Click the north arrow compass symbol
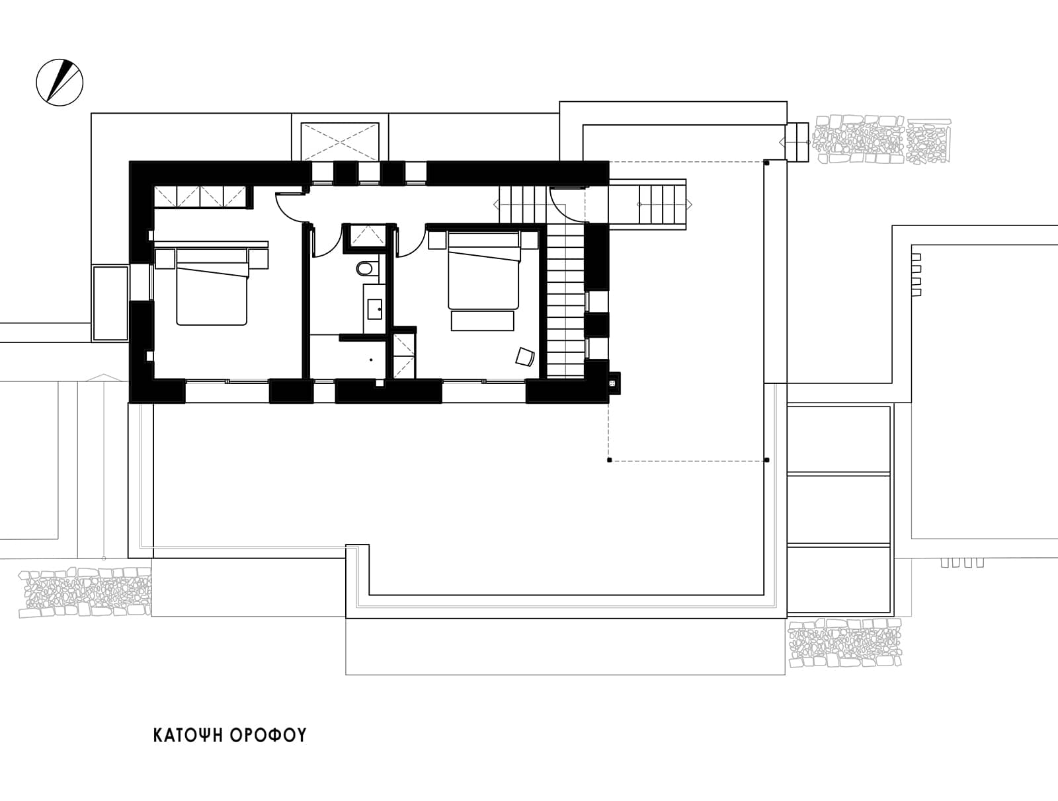point(60,83)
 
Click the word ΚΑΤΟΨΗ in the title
point(188,736)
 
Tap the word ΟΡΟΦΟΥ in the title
point(268,736)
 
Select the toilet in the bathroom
point(365,268)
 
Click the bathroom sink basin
point(375,309)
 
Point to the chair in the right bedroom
point(525,356)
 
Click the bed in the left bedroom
point(212,287)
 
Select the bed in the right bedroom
point(483,270)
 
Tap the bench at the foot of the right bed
point(483,321)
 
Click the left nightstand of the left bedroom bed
point(165,259)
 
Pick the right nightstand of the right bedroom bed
point(529,240)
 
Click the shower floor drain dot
point(371,360)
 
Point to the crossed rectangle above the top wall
point(340,141)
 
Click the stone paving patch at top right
point(881,139)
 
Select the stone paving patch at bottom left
point(85,592)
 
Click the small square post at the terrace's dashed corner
point(609,461)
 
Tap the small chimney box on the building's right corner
point(614,383)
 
